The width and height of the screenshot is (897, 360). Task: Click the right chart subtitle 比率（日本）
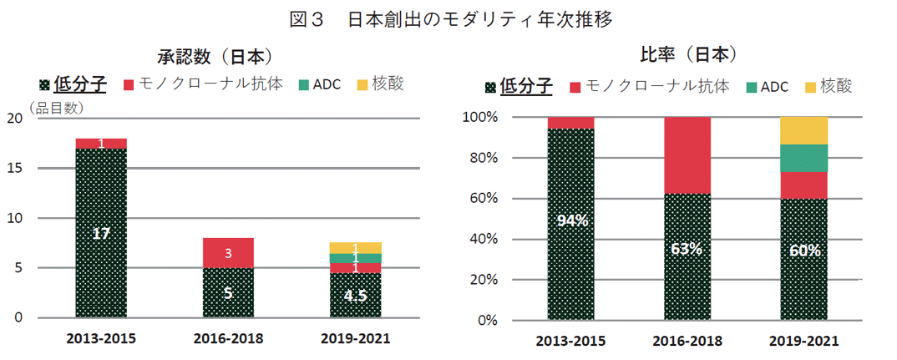pos(677,55)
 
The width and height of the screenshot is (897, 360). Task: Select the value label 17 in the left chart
pos(101,234)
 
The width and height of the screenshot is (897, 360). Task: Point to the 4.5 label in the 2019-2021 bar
pos(355,295)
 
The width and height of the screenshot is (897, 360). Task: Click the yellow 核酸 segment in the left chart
pos(355,247)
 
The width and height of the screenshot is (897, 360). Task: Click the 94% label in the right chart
pos(573,221)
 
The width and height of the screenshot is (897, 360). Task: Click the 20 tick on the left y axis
pos(14,118)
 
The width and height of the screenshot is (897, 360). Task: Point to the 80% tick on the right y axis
pos(481,158)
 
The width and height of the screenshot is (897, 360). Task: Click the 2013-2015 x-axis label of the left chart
pos(101,340)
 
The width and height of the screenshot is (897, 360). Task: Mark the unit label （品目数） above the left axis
pos(56,107)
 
